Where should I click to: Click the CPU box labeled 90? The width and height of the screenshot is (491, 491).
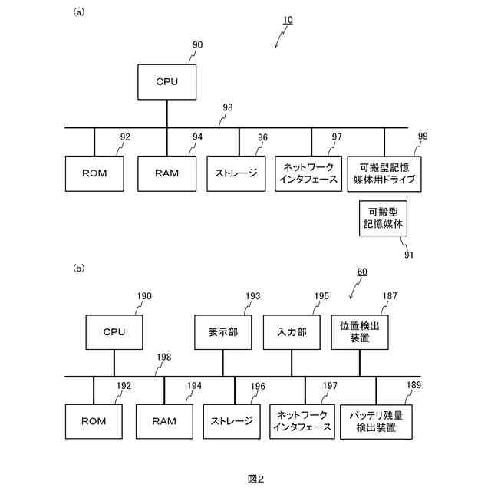[166, 81]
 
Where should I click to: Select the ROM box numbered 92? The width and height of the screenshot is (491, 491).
[94, 173]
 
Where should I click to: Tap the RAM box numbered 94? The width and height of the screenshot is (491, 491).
[166, 173]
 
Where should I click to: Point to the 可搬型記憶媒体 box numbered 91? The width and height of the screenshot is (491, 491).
[384, 219]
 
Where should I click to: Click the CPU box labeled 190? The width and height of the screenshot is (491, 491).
[114, 332]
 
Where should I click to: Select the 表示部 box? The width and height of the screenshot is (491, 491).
[222, 332]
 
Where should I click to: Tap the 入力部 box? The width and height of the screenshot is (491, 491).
[291, 332]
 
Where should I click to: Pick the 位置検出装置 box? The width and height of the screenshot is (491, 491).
[360, 332]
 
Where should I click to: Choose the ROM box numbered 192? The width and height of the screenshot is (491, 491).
[94, 420]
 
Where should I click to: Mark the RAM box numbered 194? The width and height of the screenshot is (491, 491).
[163, 420]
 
